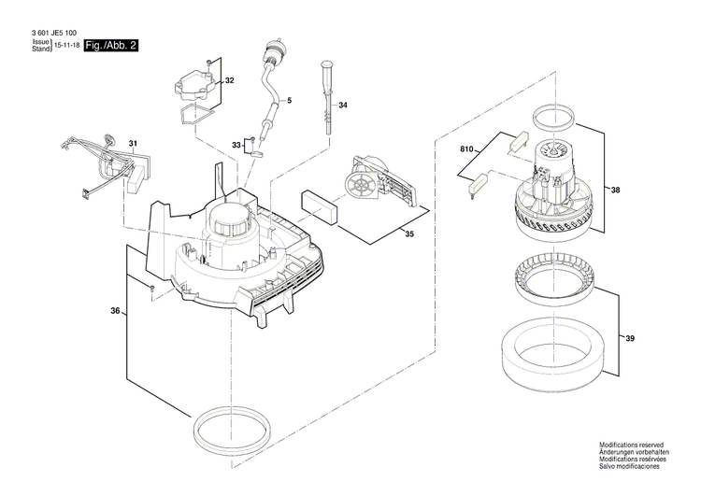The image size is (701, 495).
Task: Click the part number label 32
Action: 229,81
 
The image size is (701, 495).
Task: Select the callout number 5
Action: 289,100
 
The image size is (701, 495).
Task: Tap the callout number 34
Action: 343,106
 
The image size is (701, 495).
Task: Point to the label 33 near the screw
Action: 236,144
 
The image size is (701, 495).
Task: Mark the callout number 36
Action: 115,311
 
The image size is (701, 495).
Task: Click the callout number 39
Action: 629,337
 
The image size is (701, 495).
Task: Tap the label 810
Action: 467,149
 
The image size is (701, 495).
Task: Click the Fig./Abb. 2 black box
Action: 110,46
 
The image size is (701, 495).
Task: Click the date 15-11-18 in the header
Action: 65,46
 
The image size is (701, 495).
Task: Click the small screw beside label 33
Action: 251,141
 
